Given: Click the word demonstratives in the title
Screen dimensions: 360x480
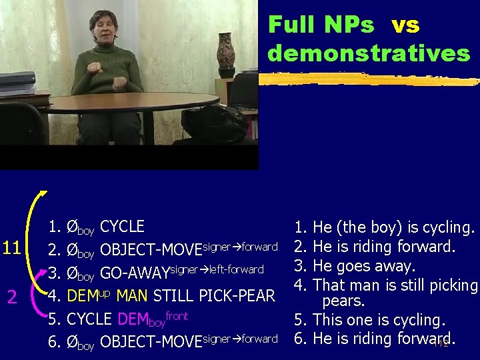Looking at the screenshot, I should pyautogui.click(x=369, y=53).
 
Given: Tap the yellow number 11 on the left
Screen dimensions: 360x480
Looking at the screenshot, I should pyautogui.click(x=12, y=248).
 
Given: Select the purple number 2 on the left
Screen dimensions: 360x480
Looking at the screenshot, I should pyautogui.click(x=11, y=296).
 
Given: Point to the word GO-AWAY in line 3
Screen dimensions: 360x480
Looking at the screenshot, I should pyautogui.click(x=135, y=273).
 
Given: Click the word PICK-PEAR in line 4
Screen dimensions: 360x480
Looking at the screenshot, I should pyautogui.click(x=237, y=295).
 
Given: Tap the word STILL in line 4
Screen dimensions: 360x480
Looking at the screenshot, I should pyautogui.click(x=175, y=295).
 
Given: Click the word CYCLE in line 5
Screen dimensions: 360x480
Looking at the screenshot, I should pyautogui.click(x=89, y=319).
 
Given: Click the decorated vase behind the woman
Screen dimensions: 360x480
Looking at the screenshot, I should pyautogui.click(x=225, y=56).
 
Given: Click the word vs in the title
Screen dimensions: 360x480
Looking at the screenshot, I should pyautogui.click(x=405, y=25).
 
